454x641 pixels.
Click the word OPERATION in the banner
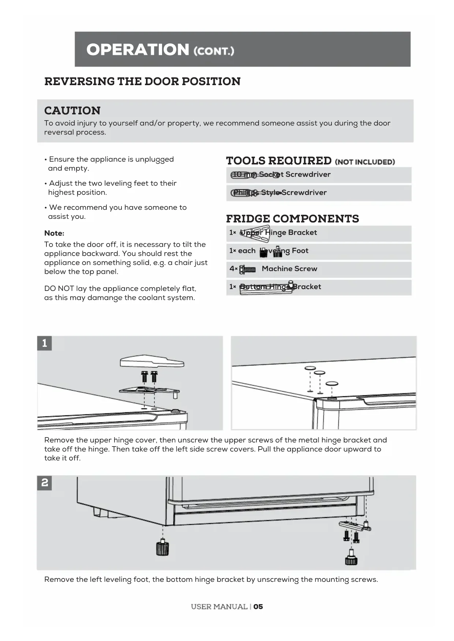tap(138, 50)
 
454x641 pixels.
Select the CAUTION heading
tap(72, 110)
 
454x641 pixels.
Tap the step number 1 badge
tap(45, 343)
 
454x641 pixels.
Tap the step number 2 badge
tap(45, 483)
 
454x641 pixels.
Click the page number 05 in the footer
tap(258, 607)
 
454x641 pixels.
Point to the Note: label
tap(54, 233)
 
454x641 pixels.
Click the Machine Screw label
tap(289, 269)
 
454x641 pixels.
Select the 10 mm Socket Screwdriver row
tap(318, 175)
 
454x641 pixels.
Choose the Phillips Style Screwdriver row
tap(318, 193)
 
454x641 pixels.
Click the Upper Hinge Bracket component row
tap(318, 233)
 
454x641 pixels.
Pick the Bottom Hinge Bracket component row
tap(318, 287)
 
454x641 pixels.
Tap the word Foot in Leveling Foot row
tap(300, 251)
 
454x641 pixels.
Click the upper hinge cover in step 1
tap(152, 361)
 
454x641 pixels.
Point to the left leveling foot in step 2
tap(162, 548)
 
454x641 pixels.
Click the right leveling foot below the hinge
tap(351, 558)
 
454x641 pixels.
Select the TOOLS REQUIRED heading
tap(279, 161)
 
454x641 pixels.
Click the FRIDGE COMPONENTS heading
tap(292, 219)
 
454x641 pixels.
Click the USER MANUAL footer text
tap(219, 607)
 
